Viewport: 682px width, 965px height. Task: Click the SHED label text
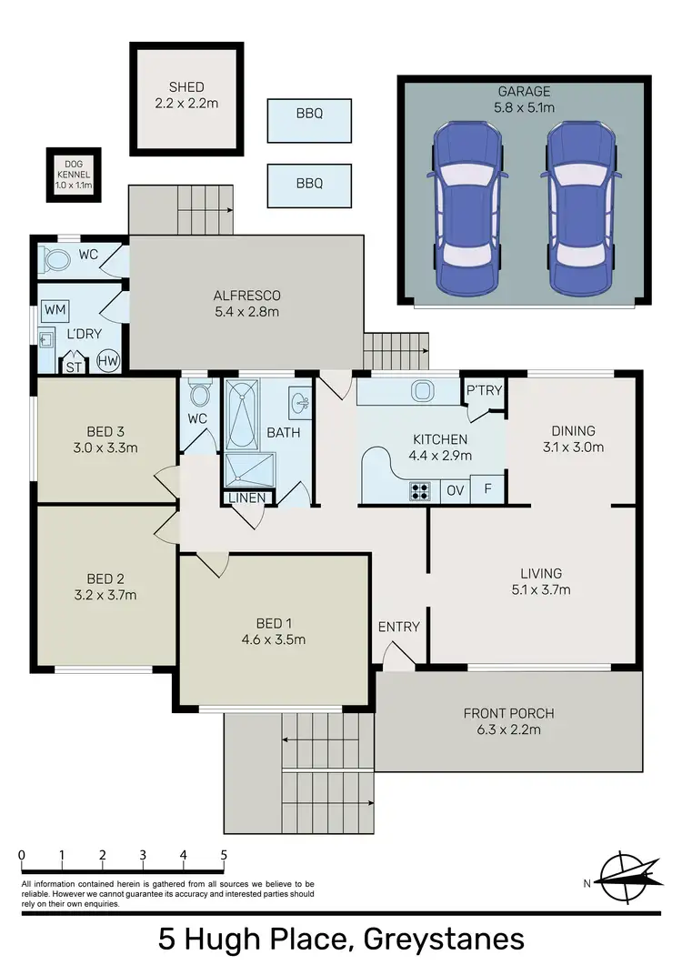pos(186,87)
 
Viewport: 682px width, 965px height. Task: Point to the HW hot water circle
pos(108,361)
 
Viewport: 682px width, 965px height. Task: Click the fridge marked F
pos(488,490)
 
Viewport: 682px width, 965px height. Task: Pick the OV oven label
pos(455,490)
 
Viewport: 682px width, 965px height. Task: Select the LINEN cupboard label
pos(247,498)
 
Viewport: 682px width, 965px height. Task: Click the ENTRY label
pos(398,627)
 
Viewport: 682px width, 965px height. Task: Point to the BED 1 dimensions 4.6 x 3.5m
pos(268,639)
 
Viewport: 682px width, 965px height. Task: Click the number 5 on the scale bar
pos(224,855)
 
